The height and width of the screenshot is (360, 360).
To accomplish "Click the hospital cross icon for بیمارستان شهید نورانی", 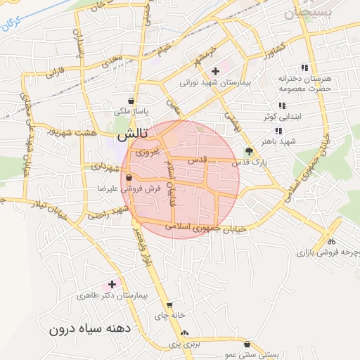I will [x=215, y=70].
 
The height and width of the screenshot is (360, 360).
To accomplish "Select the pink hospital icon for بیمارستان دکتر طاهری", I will [x=111, y=285].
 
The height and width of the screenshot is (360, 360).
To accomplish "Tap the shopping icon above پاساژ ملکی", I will [x=131, y=101].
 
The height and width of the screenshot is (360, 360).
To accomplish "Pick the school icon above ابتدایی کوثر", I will [x=282, y=105].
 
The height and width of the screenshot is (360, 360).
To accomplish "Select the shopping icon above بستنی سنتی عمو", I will [x=247, y=344].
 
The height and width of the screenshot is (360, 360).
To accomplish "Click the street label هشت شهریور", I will [x=67, y=131].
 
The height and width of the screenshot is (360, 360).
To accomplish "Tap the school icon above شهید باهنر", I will [x=278, y=131].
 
